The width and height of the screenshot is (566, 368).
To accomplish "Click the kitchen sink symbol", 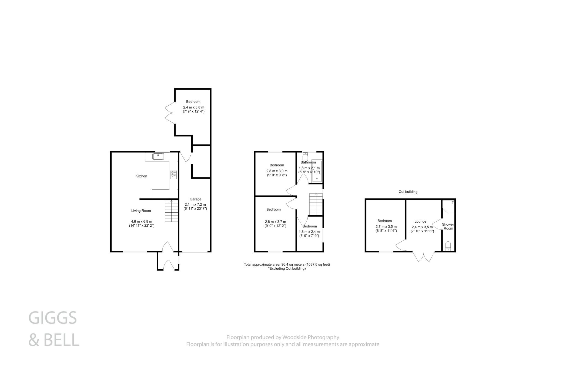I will coord(158,156).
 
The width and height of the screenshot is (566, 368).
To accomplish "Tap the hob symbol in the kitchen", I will coord(173,174).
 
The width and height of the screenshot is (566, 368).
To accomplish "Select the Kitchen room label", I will coord(141,176).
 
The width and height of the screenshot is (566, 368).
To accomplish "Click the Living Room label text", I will coord(141,211).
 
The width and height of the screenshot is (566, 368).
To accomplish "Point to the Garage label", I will coord(195,199).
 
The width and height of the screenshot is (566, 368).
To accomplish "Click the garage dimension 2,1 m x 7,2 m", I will coord(195,205).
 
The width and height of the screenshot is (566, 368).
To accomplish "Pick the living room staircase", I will coord(171,211).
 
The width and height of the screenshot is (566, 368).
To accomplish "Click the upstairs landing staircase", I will coord(316,204).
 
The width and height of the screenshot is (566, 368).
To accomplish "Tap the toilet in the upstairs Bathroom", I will coord(305,157).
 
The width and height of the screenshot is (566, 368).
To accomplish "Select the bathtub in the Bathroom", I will coord(317,171).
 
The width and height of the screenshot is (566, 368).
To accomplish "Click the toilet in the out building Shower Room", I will coord(448,246).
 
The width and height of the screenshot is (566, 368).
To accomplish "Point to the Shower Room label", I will coord(448,226).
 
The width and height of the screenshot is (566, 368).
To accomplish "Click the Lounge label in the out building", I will coord(420,221).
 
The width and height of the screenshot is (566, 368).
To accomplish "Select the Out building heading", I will coord(408,192).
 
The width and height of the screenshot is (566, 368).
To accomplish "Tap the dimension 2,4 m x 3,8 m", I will coord(193,107).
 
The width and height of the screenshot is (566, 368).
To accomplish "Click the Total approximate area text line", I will coord(287,264).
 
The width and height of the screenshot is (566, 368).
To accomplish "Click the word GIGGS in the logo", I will coord(53,318).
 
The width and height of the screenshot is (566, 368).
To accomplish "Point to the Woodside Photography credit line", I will coord(283,337).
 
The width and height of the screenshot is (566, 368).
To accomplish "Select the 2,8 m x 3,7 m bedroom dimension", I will coord(275,222).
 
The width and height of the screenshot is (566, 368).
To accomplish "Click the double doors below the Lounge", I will coord(423,256).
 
